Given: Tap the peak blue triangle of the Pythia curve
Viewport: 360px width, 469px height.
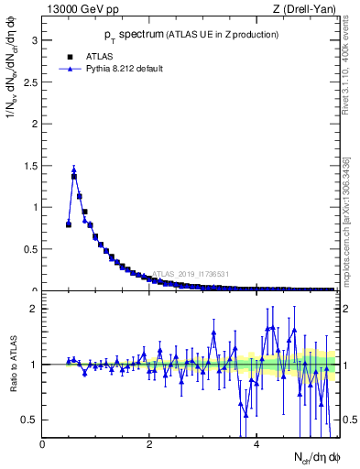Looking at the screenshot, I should pyautogui.click(x=74, y=169).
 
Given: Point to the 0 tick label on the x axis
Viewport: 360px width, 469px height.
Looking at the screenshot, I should pyautogui.click(x=43, y=445).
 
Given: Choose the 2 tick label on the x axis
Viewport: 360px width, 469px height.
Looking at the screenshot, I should pyautogui.click(x=149, y=445).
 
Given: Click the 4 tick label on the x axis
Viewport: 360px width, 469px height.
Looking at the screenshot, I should pyautogui.click(x=256, y=445).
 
